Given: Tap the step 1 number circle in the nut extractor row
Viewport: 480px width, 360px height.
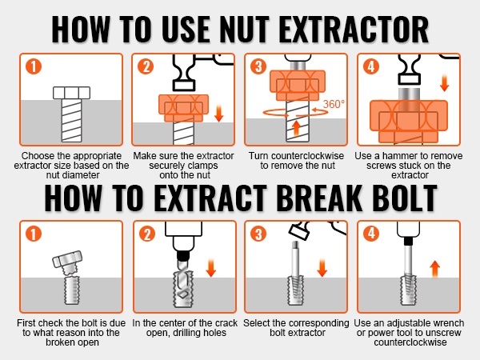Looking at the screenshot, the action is click(34, 66).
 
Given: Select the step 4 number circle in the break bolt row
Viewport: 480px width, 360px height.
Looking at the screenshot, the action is click(371, 234).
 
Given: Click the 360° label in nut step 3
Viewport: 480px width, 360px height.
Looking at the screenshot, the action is click(334, 104).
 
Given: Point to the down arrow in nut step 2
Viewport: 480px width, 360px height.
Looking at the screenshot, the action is click(219, 114).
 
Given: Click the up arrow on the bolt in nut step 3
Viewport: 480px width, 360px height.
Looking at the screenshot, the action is click(296, 128).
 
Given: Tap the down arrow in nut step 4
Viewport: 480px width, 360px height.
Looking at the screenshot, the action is click(444, 83).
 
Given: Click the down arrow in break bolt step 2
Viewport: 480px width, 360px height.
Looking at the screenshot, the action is click(210, 268).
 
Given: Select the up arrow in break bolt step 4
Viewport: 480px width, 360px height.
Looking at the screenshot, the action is click(434, 270).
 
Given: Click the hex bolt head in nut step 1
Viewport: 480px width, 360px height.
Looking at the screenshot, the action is click(72, 93).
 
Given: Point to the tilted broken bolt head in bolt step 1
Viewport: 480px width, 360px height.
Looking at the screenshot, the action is click(66, 259).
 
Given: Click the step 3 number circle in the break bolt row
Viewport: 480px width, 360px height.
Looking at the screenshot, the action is click(258, 234).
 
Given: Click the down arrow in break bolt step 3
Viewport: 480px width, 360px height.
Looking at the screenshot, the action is click(322, 268).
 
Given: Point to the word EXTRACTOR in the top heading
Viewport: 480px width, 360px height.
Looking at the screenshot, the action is click(354, 30).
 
